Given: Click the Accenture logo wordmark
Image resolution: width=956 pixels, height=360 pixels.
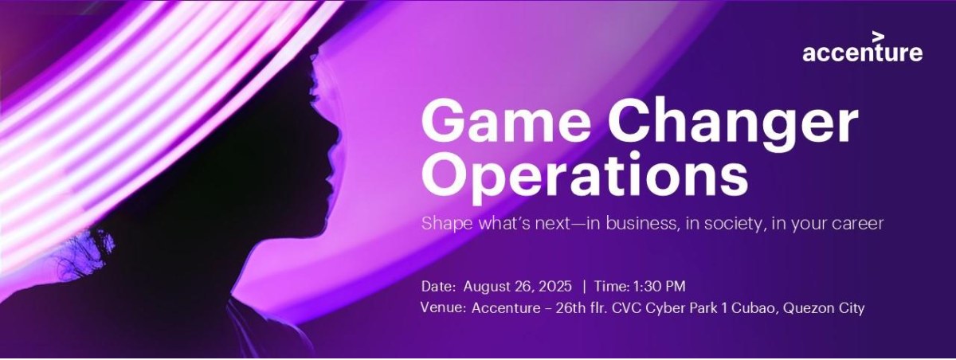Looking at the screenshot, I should coord(863,54).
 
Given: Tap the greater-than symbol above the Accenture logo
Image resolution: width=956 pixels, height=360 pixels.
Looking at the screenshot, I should coord(878,36).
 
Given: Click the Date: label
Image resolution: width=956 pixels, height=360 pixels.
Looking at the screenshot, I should coord(439,286).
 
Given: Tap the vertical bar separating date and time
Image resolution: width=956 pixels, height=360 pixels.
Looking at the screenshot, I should coord(585,286).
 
